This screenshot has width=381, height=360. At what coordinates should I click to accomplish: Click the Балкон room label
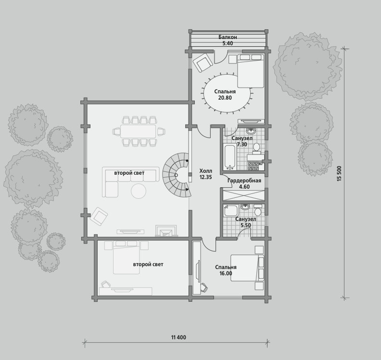pos(228,37)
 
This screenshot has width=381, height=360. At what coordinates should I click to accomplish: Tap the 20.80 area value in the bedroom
pos(225,98)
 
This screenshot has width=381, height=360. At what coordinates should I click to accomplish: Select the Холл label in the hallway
pos(205,171)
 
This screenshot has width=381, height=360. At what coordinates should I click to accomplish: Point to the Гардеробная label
pos(244,180)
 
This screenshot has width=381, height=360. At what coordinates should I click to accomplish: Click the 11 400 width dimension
pos(178,337)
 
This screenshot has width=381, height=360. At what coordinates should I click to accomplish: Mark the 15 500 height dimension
pos(340,173)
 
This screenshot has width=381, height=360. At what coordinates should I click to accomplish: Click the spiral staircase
pos(177,175)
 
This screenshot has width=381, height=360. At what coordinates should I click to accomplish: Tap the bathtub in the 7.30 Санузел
pos(229,156)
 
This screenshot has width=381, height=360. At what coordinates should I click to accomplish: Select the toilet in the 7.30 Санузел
pos(256,149)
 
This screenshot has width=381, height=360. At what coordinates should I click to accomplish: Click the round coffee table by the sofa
pos(139,191)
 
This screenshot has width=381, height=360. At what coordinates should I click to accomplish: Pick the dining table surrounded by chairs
pos(138,131)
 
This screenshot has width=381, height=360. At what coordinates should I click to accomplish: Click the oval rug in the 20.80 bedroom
pos(227,93)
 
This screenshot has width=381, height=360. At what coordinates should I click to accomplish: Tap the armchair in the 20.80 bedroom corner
pos(203,63)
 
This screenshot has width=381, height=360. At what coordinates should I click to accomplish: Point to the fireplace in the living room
pos(166,230)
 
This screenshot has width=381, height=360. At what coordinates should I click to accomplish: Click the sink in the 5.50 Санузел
pos(245,207)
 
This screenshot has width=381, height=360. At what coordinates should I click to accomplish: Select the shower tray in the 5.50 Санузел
pos(231,210)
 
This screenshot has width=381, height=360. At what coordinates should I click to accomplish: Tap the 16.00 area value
pos(225,273)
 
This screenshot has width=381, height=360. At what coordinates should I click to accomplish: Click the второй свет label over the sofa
pos(129,173)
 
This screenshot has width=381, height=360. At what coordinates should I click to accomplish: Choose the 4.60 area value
pos(244,187)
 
